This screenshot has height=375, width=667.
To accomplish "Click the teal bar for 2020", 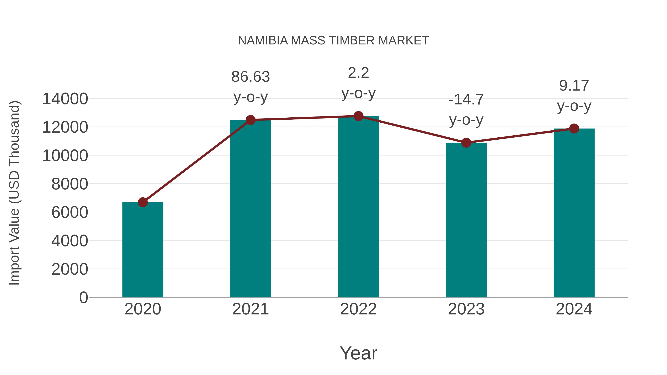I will pyautogui.click(x=143, y=250).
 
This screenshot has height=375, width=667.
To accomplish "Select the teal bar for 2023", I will pyautogui.click(x=466, y=220).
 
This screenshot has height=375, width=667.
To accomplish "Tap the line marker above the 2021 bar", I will pyautogui.click(x=250, y=120).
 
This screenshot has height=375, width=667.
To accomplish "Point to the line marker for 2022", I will pyautogui.click(x=358, y=116).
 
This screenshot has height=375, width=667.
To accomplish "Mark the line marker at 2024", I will pyautogui.click(x=574, y=128).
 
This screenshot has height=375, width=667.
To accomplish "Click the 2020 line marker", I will pyautogui.click(x=143, y=202).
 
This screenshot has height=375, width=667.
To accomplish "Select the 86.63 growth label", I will pyautogui.click(x=250, y=77).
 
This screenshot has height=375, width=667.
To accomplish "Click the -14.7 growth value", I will pyautogui.click(x=466, y=100).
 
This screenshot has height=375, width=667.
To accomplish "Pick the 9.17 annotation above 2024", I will pyautogui.click(x=574, y=86).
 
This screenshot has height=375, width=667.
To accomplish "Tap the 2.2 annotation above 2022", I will pyautogui.click(x=358, y=73).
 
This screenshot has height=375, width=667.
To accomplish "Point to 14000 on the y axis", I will pyautogui.click(x=65, y=99).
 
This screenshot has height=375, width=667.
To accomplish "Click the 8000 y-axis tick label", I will pyautogui.click(x=70, y=184).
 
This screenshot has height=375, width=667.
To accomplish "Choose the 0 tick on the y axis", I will pyautogui.click(x=83, y=297).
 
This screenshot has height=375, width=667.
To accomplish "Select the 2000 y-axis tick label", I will pyautogui.click(x=70, y=269).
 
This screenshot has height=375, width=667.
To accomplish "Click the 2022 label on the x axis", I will pyautogui.click(x=358, y=309).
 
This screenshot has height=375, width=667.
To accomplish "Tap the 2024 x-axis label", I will pyautogui.click(x=574, y=309).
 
